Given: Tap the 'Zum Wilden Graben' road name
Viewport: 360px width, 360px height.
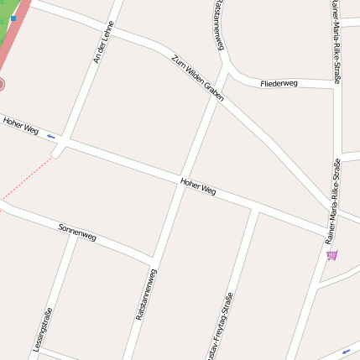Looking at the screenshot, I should [197, 79].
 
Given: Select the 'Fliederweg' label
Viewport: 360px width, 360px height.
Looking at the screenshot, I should [279, 84].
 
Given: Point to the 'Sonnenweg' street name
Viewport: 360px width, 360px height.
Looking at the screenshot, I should [77, 232].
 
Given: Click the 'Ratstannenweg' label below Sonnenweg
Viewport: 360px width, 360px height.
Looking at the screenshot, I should [146, 294].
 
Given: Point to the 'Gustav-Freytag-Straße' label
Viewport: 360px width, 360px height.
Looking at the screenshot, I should [219, 327].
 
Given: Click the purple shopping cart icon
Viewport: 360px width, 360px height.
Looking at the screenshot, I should [332, 254].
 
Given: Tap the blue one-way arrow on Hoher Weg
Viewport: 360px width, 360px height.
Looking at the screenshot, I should [52, 135].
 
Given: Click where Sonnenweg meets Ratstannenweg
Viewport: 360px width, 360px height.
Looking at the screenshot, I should [152, 257].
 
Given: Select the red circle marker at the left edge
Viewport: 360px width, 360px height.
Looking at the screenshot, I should [2, 85].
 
